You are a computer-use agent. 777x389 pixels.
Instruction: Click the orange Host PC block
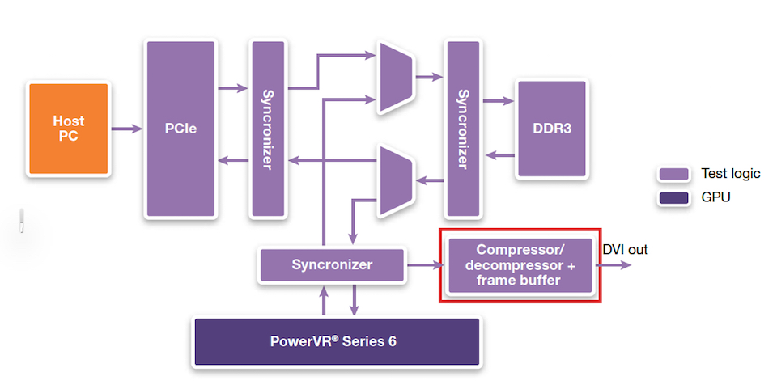pos(68,129)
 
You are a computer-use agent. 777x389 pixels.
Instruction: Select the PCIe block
pos(180,129)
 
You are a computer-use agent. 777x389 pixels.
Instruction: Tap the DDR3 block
pos(551,129)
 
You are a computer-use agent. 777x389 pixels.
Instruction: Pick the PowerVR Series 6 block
pos(337,341)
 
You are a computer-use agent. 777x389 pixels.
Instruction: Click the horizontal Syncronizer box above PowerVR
pos(332,264)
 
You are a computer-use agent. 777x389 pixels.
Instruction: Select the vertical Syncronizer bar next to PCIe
pos(268,129)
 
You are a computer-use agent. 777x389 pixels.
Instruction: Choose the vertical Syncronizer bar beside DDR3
pos(463,129)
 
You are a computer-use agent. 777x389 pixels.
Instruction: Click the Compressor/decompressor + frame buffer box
pos(520,265)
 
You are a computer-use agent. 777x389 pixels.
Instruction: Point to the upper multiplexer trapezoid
pos(396,77)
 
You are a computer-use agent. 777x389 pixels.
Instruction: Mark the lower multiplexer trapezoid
pos(396,181)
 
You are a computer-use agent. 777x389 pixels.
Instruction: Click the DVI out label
pos(625,249)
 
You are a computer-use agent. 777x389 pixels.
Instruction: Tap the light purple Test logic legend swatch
pos(673,174)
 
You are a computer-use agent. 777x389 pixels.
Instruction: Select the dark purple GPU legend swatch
pos(673,198)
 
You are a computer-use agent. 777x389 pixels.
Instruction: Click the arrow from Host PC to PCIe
pos(127,129)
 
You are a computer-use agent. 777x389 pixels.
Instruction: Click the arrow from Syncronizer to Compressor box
pos(425,265)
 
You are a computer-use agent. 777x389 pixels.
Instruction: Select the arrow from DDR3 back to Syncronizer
pos(499,155)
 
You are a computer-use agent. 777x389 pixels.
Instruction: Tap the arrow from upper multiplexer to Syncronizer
pos(429,77)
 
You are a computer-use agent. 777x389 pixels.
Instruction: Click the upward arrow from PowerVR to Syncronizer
pos(324,300)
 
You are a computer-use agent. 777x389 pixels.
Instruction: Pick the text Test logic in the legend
pos(730,174)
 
